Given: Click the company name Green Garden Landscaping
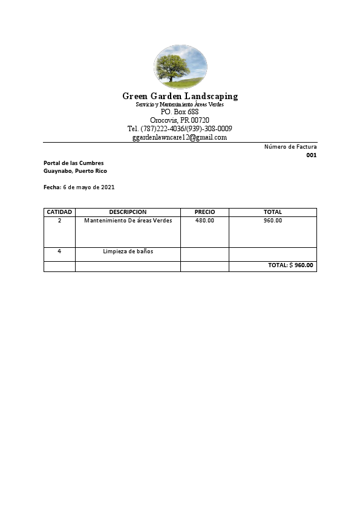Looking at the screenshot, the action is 180,96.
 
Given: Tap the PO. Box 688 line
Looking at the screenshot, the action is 180,112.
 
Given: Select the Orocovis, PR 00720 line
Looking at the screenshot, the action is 180,120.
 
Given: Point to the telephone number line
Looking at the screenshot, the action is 180,129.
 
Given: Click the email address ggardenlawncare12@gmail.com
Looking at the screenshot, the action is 180,137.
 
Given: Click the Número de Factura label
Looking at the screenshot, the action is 290,147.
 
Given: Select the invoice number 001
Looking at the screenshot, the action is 311,155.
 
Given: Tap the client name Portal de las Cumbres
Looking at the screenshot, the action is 74,163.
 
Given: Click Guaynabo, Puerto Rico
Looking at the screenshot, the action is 75,171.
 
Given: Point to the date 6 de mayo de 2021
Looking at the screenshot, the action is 88,187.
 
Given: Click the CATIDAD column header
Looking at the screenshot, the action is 59,212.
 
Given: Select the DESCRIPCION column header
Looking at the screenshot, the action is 128,212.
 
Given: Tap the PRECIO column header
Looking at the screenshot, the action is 205,212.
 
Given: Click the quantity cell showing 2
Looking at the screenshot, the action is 59,221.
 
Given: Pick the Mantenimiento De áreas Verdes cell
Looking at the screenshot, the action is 128,221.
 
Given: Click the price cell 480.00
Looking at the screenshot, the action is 205,221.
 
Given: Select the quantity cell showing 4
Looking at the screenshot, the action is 59,251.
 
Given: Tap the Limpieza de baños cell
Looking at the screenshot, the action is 128,251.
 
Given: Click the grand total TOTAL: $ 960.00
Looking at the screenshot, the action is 291,265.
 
